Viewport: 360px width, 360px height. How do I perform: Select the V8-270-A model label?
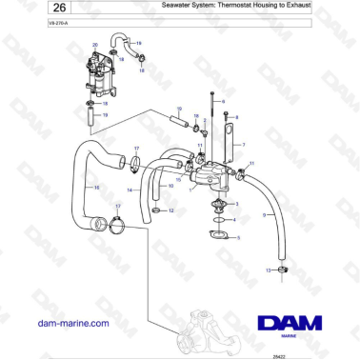point(30,33)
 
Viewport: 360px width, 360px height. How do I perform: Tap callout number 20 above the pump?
point(95,45)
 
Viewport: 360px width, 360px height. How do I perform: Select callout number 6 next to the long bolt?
point(223,99)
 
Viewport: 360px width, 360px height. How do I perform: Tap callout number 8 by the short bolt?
point(236,116)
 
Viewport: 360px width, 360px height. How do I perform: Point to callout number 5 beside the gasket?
point(239,237)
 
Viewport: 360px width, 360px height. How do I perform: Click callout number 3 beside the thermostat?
point(237,204)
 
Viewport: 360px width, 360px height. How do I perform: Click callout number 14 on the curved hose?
point(130,191)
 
